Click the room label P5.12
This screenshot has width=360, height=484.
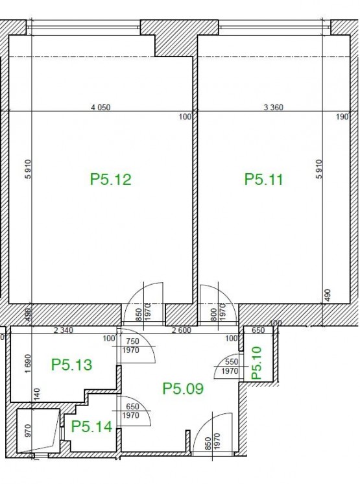110,179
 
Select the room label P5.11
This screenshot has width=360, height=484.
263,179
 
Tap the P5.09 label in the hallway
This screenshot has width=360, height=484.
183,389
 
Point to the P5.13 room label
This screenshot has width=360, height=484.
71,365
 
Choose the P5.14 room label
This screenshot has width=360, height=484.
91,427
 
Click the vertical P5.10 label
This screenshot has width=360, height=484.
257,363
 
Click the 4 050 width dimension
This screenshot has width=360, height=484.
101,108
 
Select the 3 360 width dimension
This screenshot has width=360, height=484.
273,108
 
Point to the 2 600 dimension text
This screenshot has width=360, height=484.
182,330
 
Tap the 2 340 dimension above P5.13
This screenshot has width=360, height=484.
64,330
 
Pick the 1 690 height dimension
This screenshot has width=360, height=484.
28,363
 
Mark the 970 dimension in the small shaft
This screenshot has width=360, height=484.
28,431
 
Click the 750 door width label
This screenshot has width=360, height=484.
132,341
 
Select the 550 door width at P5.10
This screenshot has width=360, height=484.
232,362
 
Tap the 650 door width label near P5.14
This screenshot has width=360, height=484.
132,407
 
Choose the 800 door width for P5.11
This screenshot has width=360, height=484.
214,315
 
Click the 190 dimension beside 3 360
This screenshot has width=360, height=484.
342,117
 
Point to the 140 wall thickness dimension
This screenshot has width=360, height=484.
37,395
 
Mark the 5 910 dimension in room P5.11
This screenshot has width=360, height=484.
319,169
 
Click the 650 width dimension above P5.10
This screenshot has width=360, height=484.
258,330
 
